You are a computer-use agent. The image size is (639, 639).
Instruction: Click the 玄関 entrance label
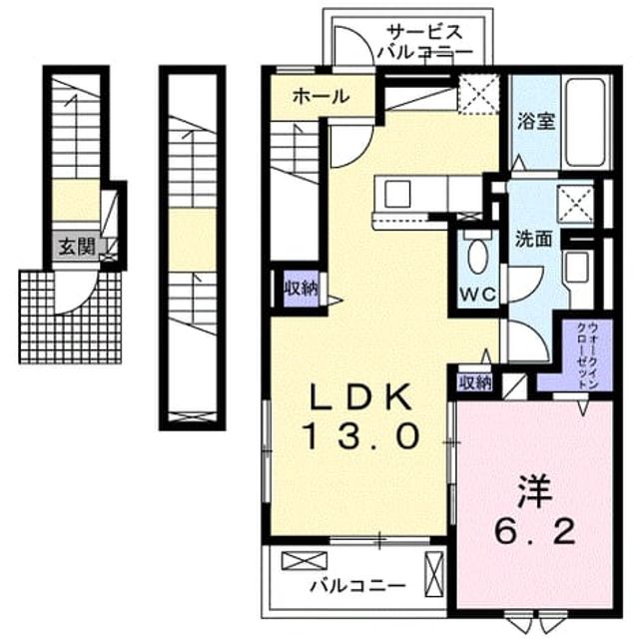(x=77, y=247)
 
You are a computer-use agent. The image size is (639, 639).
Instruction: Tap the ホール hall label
(x=321, y=97)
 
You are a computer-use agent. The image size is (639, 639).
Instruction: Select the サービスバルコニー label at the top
(x=425, y=42)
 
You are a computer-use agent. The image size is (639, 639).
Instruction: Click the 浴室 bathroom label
(x=536, y=121)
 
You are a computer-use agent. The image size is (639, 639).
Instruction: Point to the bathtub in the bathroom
(x=586, y=122)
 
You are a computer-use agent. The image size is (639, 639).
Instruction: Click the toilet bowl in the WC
(x=477, y=256)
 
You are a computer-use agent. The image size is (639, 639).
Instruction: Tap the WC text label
(x=477, y=293)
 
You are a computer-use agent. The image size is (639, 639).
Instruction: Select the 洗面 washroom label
(x=534, y=239)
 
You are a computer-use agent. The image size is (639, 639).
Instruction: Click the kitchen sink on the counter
(x=397, y=194)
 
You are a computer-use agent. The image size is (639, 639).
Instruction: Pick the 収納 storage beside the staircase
(x=302, y=289)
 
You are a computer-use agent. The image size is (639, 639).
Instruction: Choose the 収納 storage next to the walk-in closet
(x=475, y=382)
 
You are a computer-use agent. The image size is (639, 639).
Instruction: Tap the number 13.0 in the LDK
(x=360, y=435)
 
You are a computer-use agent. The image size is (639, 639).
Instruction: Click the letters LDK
(x=360, y=397)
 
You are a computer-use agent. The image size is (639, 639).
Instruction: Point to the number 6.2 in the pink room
(x=535, y=531)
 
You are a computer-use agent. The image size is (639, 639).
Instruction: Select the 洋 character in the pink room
(x=535, y=492)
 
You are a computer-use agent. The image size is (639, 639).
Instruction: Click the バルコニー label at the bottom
(x=358, y=586)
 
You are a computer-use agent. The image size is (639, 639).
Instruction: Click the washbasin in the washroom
(x=576, y=267)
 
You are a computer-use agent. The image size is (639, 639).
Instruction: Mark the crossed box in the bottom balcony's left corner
(x=305, y=561)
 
